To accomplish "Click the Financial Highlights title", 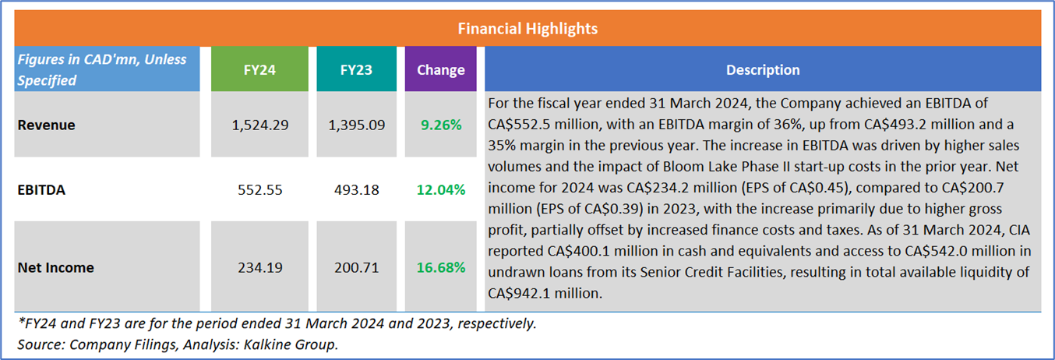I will pos(527,29).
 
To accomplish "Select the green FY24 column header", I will pos(258,69).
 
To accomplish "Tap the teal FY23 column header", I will pos(356,69).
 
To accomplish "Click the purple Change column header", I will pos(440,69).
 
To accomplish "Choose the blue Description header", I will pos(763,69).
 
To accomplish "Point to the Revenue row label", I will pos(47,125).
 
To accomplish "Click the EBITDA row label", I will pos(42,189).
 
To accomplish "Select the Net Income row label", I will pos(55,267).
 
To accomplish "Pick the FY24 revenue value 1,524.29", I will pos(258,125).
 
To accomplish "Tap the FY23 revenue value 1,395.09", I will pos(356,125).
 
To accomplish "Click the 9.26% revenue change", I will pos(440,125).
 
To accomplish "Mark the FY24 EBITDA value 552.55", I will pos(258,189).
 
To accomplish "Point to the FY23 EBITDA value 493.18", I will pos(356,189).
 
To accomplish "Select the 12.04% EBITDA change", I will pos(440,189).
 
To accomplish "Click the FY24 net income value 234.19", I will pos(258,267).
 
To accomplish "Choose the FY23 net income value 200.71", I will pos(356,267).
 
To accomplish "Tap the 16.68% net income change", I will pos(440,267).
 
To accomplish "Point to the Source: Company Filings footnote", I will pos(178,344).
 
